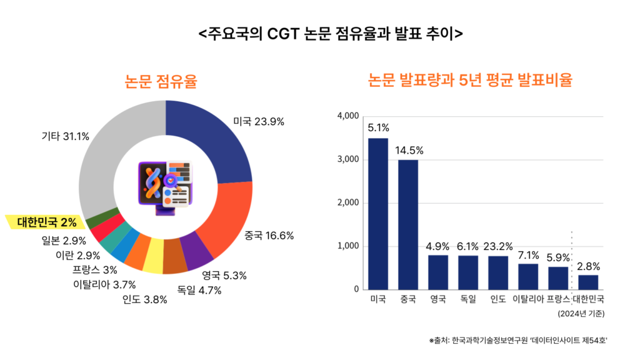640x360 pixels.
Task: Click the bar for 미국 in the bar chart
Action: [377, 214]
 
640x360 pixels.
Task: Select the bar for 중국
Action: [408, 224]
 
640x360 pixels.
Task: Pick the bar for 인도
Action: [498, 272]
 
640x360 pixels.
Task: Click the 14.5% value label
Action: [408, 150]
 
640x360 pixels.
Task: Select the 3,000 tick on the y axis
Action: [347, 159]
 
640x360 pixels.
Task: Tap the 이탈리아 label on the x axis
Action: [528, 299]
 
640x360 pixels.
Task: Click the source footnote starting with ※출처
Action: [518, 340]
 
